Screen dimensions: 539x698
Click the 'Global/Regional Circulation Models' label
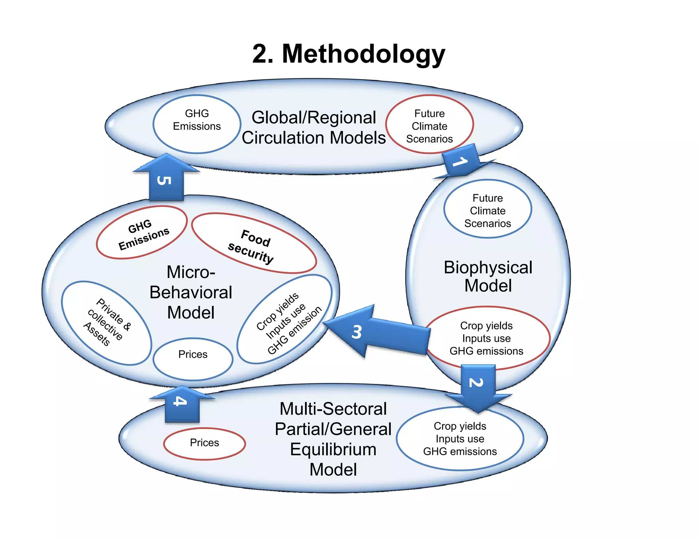click(314, 127)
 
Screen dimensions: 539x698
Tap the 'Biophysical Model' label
click(488, 276)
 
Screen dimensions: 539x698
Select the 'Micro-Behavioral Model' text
click(191, 292)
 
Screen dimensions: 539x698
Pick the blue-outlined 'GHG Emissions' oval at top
click(197, 124)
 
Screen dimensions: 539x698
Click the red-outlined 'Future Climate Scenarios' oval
click(429, 125)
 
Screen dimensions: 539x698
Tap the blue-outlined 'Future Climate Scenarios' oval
click(487, 209)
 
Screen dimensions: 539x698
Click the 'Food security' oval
click(254, 244)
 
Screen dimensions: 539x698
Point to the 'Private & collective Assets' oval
click(106, 323)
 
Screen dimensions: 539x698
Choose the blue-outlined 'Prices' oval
click(193, 358)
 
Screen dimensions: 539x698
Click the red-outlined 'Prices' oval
click(204, 443)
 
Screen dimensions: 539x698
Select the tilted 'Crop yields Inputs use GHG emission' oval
click(285, 320)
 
